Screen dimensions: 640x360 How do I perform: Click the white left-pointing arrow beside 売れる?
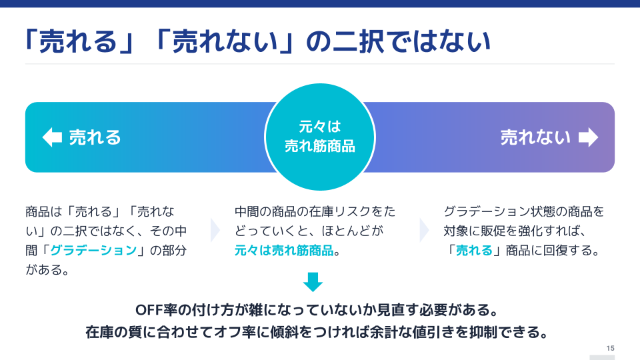[52, 137]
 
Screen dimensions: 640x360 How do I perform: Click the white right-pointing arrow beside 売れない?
[588, 137]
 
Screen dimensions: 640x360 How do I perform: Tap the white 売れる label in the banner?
[95, 137]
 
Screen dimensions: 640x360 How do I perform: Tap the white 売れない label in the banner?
[535, 137]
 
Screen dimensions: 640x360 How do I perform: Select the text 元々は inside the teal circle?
[319, 127]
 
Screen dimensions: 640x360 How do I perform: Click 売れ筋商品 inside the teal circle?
[319, 146]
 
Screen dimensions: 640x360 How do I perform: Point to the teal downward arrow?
[313, 282]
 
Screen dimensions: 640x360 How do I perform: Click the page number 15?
[610, 348]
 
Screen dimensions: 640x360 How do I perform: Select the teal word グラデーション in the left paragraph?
[93, 250]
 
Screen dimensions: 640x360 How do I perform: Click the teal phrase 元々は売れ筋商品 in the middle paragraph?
[284, 250]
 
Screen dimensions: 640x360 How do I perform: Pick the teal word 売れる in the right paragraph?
[474, 250]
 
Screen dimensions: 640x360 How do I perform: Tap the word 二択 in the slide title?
[359, 41]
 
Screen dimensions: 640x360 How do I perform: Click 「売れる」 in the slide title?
[79, 41]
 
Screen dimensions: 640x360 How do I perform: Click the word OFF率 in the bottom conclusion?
[156, 310]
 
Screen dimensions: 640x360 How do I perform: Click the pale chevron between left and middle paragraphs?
[215, 231]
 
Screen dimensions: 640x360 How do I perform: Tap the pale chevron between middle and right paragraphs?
[425, 231]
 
